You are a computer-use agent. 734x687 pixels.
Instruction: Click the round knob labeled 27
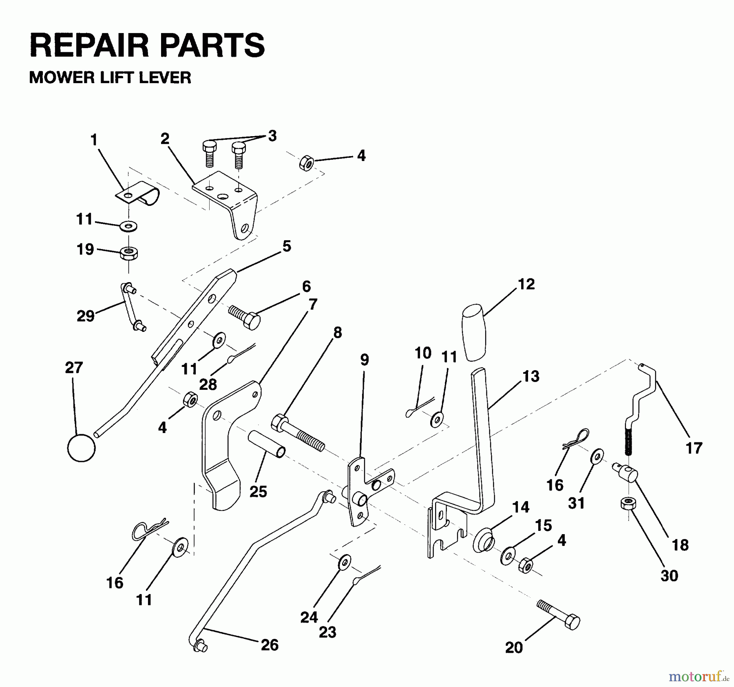point(81,447)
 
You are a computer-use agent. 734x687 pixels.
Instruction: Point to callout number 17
point(694,448)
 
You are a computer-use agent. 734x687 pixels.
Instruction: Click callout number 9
point(364,360)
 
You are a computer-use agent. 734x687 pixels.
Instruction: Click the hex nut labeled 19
point(128,253)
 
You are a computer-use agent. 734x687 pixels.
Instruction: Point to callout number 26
point(269,645)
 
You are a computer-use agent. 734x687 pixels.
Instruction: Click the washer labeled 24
point(345,562)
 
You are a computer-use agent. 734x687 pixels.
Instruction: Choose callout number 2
point(164,139)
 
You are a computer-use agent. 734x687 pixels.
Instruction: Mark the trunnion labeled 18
point(627,473)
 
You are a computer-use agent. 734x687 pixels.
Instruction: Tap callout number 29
point(85,316)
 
